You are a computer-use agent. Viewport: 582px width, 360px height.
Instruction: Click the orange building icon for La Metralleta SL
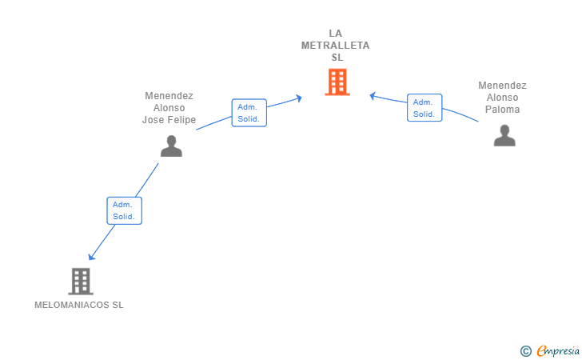click(337, 82)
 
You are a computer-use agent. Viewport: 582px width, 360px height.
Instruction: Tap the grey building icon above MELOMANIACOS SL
click(81, 282)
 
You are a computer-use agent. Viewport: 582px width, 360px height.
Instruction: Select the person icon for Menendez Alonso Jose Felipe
click(171, 146)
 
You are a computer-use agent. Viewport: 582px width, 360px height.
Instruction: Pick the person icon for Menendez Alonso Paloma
click(504, 136)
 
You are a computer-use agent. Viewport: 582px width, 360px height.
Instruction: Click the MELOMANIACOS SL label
click(79, 305)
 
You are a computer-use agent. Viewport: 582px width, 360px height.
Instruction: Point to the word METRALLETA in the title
click(336, 46)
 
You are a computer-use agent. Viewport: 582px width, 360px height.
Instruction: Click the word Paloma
click(503, 110)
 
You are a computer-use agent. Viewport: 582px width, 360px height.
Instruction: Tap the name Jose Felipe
click(169, 120)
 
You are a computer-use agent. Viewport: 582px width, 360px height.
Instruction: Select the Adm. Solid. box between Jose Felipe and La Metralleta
click(249, 113)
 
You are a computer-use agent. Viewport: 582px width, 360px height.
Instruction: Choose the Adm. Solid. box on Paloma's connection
click(425, 108)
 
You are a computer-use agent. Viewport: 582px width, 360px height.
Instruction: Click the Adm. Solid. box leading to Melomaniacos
click(125, 210)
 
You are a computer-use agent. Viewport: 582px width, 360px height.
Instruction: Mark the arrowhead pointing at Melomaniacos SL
click(91, 257)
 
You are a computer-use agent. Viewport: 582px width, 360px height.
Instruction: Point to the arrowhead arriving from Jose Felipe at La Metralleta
click(298, 98)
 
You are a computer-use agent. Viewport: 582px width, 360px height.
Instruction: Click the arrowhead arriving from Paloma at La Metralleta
click(373, 96)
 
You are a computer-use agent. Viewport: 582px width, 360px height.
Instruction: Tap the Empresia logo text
click(558, 350)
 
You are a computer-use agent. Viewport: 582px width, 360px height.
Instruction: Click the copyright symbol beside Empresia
click(526, 351)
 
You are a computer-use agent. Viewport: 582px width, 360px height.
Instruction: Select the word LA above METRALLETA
click(336, 34)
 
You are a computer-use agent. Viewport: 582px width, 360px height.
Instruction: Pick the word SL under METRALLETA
click(337, 58)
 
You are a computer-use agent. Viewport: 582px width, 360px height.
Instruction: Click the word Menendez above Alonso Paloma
click(503, 86)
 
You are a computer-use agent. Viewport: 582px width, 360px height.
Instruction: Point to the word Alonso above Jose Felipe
click(169, 108)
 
